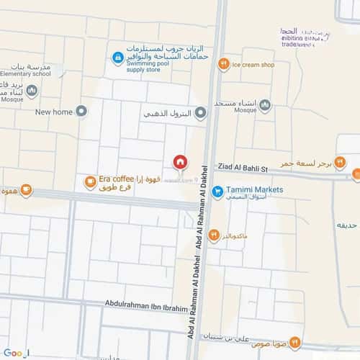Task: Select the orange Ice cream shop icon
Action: (224, 65)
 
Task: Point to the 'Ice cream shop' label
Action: (254, 65)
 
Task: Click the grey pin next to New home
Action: (81, 111)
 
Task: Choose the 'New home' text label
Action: (54, 112)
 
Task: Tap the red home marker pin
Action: (179, 162)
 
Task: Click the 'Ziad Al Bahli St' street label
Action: (241, 167)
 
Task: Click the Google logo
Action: (14, 352)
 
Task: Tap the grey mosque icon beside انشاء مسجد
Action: (266, 106)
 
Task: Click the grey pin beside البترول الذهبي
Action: (201, 112)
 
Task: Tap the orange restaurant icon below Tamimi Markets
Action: (214, 235)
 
